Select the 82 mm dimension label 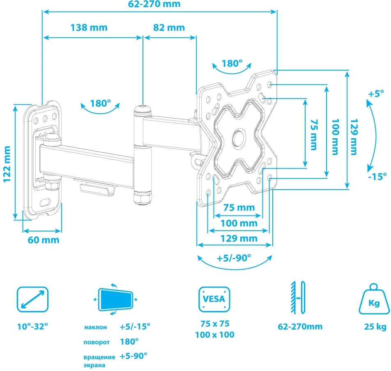click(x=169, y=27)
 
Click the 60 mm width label click(x=43, y=240)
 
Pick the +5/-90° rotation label click(x=234, y=259)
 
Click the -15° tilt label click(x=377, y=176)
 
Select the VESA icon click(x=214, y=299)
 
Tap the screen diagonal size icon click(x=32, y=299)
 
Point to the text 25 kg click(x=375, y=327)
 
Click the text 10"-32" click(x=33, y=327)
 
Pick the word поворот click(x=96, y=341)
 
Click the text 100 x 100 click(x=214, y=334)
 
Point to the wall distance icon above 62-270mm click(x=298, y=299)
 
